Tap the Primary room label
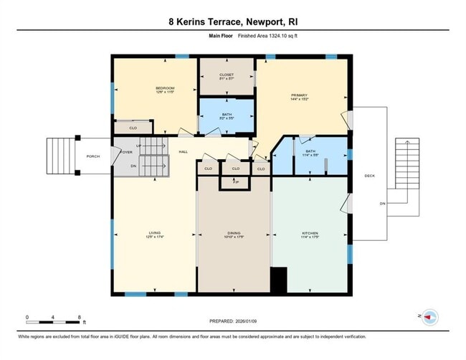299,95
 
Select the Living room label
154,233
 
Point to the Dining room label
234,233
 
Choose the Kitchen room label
310,233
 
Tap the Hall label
183,151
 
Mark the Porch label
93,156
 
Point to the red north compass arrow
429,316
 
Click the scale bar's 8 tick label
79,316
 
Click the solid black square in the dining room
278,279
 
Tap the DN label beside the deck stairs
382,203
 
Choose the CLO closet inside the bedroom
133,128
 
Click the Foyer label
127,151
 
